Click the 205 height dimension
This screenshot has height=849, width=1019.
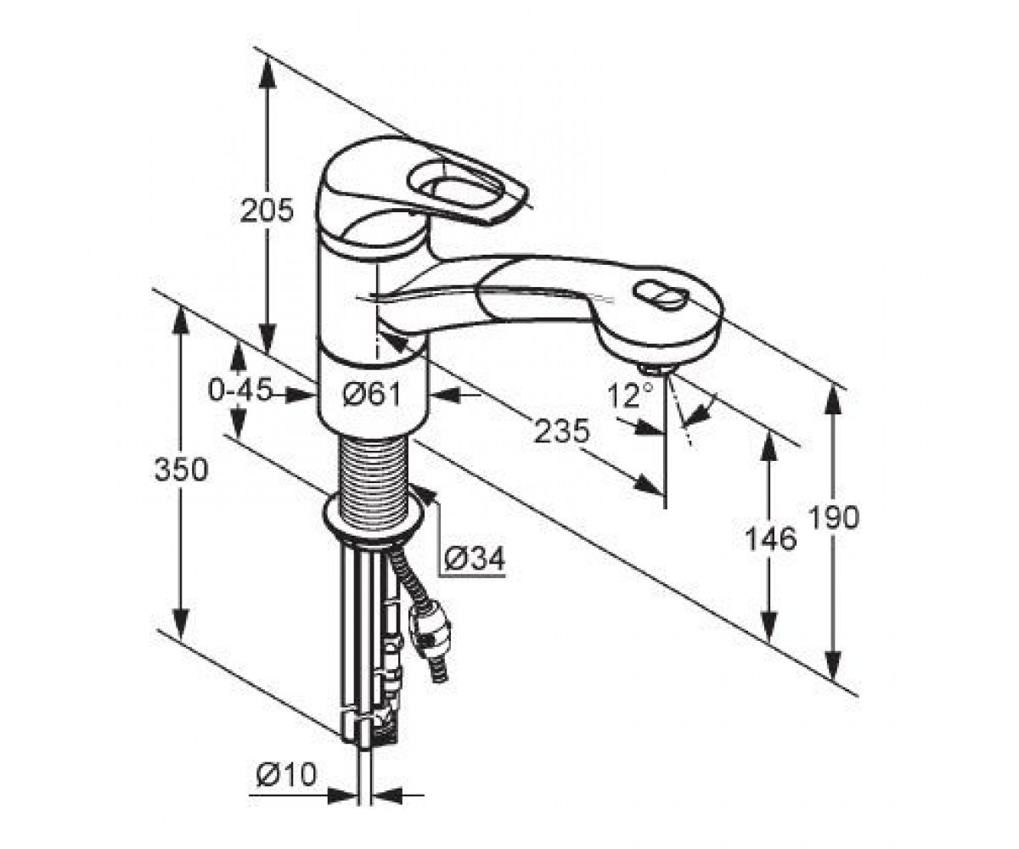tap(267, 211)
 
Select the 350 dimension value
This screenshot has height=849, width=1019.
tap(181, 469)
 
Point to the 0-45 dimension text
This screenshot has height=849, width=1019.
tap(239, 391)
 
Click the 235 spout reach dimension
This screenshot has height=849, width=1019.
tap(561, 431)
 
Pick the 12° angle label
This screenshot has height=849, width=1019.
tap(630, 395)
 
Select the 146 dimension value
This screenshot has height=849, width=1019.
tap(770, 539)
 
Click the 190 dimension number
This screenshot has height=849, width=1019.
tap(834, 518)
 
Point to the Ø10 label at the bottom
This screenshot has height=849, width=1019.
tap(286, 773)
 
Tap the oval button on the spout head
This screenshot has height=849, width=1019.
tap(661, 295)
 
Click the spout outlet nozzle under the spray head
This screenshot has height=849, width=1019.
tap(656, 371)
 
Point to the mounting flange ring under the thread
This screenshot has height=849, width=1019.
tap(374, 518)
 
